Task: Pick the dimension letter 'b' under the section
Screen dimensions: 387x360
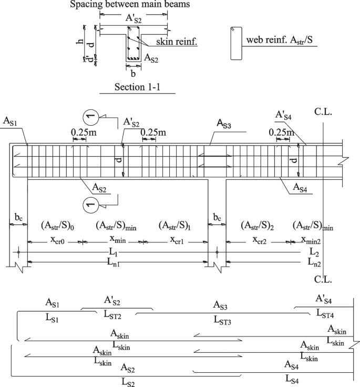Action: pos(133,74)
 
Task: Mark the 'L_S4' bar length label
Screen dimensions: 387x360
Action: pos(293,378)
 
